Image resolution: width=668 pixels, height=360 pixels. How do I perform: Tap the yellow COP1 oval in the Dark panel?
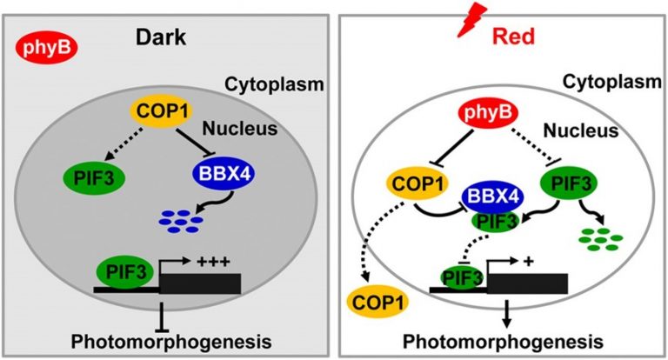click(160, 112)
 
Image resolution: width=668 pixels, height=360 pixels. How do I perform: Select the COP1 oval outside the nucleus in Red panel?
click(378, 302)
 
